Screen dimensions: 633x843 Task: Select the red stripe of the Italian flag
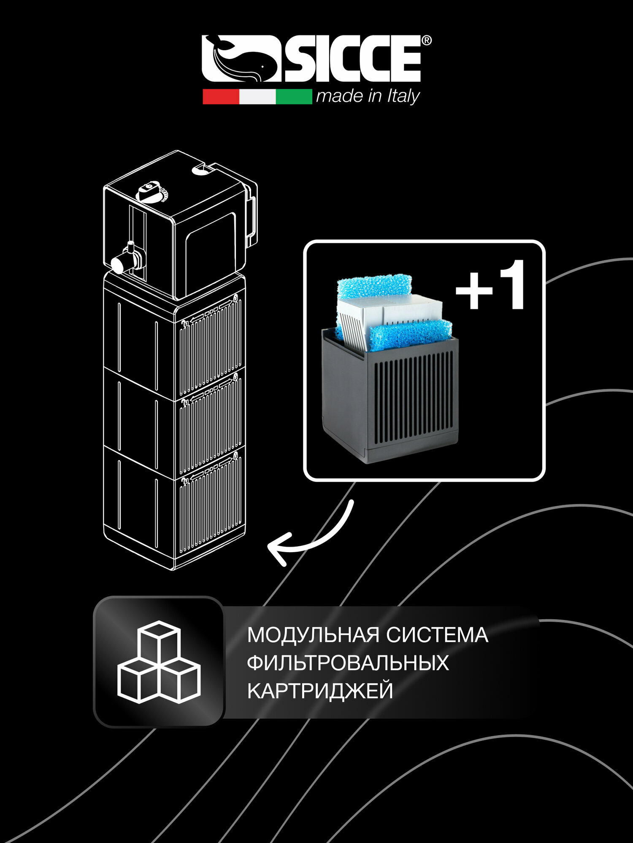[221, 97]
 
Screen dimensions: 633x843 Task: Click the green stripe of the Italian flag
[294, 97]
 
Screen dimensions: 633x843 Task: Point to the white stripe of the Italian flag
[257, 97]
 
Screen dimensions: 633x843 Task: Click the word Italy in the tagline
[403, 97]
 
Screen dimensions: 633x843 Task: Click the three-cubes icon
[159, 662]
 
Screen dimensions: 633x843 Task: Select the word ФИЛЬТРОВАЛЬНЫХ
[348, 663]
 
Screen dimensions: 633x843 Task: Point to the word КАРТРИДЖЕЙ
[320, 691]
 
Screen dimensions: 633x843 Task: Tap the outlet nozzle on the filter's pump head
[122, 262]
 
